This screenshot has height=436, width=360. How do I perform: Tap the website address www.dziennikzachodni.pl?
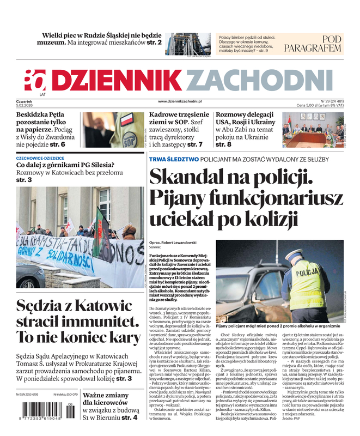(180, 101)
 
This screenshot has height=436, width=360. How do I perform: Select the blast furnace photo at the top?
(187, 44)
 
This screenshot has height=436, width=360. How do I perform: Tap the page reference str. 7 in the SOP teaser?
(194, 145)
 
